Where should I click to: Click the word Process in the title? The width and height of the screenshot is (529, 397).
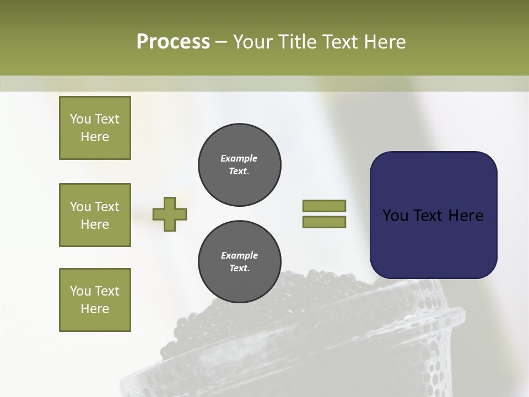(x=173, y=42)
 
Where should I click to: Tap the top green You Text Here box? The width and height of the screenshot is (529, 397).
(x=95, y=128)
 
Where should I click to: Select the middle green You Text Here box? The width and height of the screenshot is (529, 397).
(x=95, y=215)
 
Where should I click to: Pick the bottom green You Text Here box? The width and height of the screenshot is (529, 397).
(x=95, y=300)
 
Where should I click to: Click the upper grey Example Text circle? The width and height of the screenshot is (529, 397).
(x=239, y=165)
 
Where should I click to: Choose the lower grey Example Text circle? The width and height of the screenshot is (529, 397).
(x=239, y=262)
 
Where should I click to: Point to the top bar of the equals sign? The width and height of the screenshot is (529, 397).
(x=324, y=206)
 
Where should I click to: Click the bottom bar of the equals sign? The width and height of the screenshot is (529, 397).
(x=324, y=222)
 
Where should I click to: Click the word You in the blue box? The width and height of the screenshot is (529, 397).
(x=395, y=216)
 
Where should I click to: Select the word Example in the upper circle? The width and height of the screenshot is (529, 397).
(x=239, y=158)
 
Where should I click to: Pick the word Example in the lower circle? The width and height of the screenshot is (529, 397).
(x=239, y=255)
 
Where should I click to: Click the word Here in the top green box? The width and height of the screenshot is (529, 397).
(x=95, y=137)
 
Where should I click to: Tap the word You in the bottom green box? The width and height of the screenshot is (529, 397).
(x=80, y=291)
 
